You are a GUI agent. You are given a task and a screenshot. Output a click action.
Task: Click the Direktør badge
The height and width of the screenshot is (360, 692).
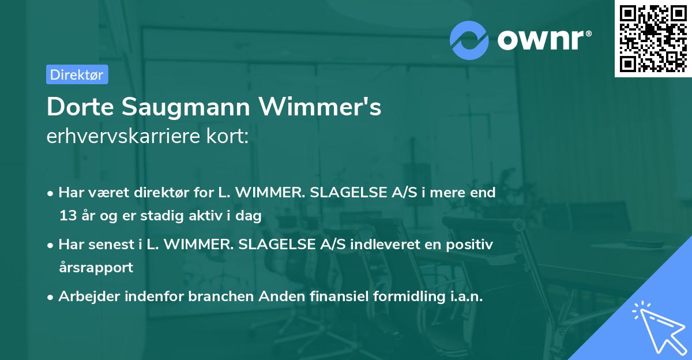tap(77, 74)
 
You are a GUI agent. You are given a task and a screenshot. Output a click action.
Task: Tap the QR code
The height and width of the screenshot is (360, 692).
tap(652, 38)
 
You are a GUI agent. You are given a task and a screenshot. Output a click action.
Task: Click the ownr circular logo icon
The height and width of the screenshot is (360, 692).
tap(469, 40)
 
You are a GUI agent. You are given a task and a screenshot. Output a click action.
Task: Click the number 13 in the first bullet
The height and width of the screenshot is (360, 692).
tap(66, 216)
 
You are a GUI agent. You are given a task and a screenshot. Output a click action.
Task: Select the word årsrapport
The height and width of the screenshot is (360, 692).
tap(96, 268)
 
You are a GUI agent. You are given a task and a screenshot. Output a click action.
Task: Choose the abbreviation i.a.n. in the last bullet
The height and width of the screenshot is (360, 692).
tap(460, 297)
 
